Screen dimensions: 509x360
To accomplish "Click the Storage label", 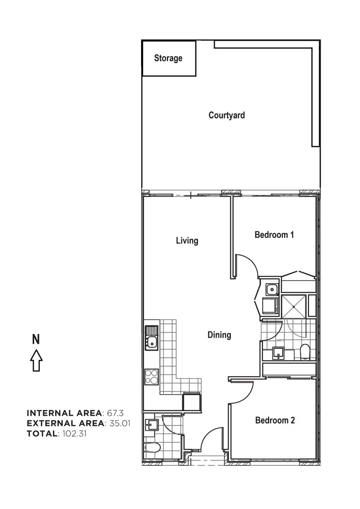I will [168, 58].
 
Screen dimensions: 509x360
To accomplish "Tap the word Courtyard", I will [227, 115].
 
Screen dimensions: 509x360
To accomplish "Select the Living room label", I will [187, 240].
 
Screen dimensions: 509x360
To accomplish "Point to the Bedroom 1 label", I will [274, 235].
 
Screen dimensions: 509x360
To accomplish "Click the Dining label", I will [219, 335].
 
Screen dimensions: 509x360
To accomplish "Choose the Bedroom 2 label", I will [275, 420].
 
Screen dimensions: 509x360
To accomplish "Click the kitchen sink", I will [151, 338].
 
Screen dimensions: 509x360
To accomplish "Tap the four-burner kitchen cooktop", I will [151, 376].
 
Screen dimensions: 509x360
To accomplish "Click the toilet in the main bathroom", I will [304, 352].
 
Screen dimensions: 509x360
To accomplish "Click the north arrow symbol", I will [36, 360].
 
